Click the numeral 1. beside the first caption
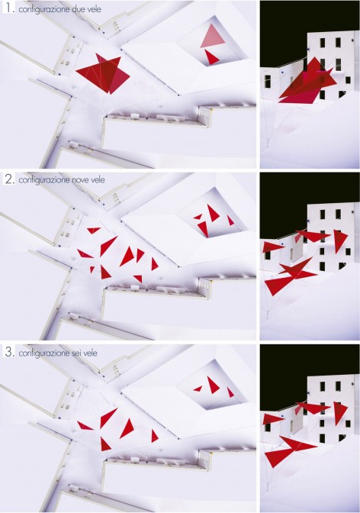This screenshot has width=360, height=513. click(10, 8)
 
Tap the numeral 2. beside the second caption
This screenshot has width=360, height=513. click(10, 179)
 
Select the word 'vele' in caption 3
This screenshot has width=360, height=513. click(91, 353)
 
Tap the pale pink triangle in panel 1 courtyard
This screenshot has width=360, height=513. click(213, 36)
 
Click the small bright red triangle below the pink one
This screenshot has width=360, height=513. click(211, 57)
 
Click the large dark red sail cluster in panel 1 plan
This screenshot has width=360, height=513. click(103, 73)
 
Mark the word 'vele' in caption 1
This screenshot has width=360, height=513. click(94, 9)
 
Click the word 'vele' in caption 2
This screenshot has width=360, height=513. click(98, 180)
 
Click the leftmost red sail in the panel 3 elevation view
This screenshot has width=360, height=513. click(272, 419)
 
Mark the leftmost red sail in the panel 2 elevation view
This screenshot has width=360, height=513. click(272, 247)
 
